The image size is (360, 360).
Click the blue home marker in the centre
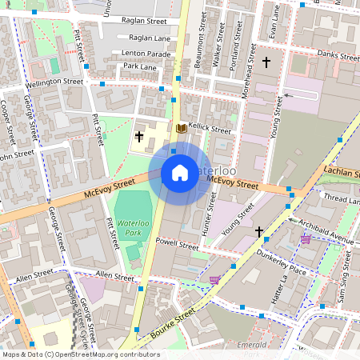pos(180,172)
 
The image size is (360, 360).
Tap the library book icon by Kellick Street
pos(181,128)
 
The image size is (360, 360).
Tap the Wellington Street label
pos(54,82)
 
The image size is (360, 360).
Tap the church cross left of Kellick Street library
pos(139,137)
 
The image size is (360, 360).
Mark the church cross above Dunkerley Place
pos(258,232)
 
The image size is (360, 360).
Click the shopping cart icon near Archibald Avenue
pos(305,238)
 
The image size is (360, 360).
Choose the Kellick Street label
pos(210,130)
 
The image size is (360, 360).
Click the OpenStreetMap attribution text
pos(80,354)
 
